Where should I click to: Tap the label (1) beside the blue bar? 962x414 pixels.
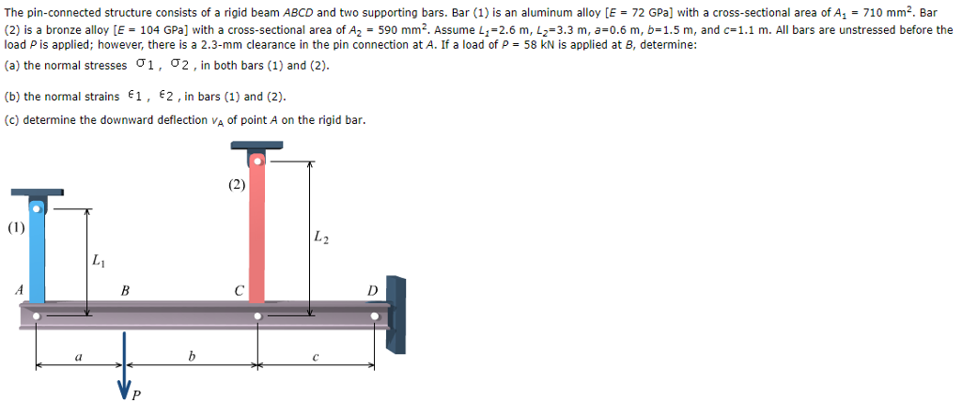15,226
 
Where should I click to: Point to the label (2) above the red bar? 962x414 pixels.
235,185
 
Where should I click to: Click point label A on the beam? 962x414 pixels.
19,290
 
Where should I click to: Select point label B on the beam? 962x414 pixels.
125,291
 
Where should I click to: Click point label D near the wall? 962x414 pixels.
372,291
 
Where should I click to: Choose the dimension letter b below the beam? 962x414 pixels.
192,356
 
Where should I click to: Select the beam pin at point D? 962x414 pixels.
374,316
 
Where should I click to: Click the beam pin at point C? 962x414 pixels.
257,316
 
